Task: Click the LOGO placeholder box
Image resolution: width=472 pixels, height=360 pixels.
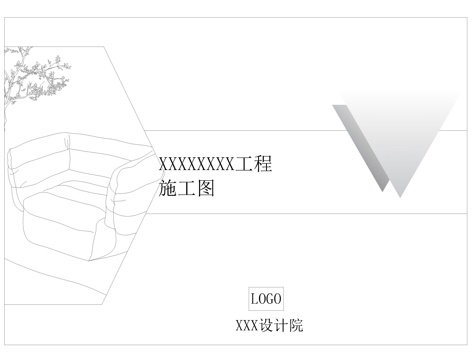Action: [x=266, y=299]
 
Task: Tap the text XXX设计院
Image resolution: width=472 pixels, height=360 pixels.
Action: [x=269, y=326]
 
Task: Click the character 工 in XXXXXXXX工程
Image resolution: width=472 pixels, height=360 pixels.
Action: [x=244, y=164]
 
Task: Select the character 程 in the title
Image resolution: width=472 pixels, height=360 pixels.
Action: [x=263, y=164]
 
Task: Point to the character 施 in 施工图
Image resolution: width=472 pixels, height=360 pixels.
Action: [x=167, y=188]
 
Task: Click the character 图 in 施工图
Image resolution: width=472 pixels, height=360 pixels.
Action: [x=205, y=188]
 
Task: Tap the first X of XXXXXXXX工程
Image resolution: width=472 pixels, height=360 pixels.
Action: [x=163, y=164]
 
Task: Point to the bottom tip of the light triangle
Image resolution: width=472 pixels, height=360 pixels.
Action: [x=400, y=197]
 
